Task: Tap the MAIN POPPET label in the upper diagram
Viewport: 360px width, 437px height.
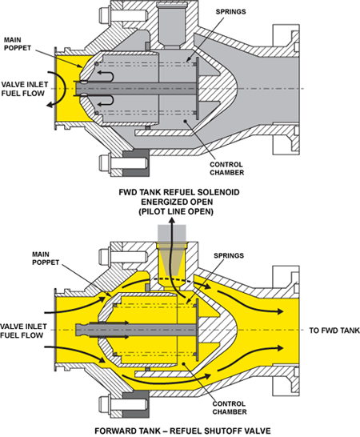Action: pyautogui.click(x=16, y=42)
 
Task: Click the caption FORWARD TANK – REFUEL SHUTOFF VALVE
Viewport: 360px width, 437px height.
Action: pyautogui.click(x=179, y=429)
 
